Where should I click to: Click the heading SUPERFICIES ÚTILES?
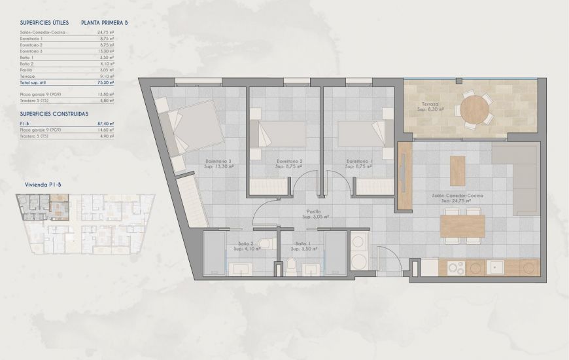(44, 22)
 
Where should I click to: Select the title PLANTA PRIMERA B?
(105, 22)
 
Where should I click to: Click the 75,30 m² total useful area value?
(107, 83)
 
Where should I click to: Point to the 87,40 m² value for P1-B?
(107, 123)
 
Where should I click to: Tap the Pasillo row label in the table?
(27, 70)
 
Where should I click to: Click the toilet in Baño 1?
(292, 266)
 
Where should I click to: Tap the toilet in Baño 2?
(262, 245)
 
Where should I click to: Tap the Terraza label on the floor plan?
(430, 104)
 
